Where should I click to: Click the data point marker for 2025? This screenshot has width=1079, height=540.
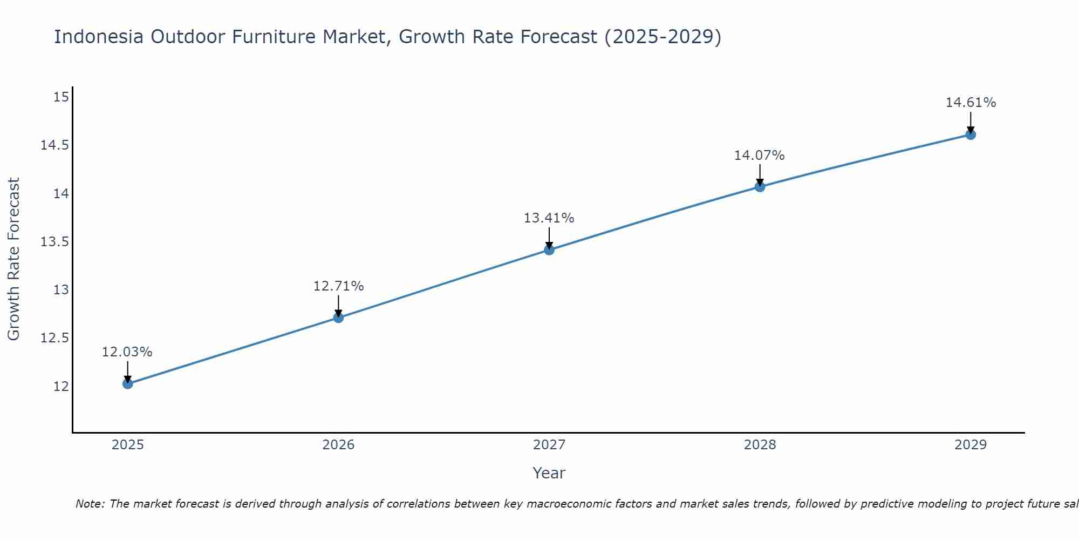(x=128, y=384)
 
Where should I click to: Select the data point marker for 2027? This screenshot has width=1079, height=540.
(x=549, y=250)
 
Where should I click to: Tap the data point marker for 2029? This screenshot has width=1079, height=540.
(x=971, y=134)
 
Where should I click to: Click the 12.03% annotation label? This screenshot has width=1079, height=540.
(x=127, y=352)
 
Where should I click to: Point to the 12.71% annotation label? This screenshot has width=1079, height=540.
(x=338, y=286)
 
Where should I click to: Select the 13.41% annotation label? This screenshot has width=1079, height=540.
(x=549, y=218)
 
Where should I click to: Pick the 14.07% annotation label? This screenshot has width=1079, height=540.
(x=759, y=156)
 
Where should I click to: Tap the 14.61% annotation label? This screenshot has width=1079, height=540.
(x=971, y=103)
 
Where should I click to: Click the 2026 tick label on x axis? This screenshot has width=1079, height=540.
(x=338, y=445)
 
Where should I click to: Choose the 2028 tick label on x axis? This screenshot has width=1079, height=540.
(x=760, y=445)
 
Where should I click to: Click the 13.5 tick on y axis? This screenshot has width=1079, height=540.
(x=55, y=241)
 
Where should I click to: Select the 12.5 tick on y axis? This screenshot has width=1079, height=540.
(x=55, y=338)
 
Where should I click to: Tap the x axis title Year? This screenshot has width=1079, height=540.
(x=549, y=473)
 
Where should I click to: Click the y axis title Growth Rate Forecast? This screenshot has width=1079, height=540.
(x=13, y=259)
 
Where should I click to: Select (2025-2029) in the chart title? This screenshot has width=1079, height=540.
(x=663, y=37)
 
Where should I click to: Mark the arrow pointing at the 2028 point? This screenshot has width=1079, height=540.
(x=760, y=176)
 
